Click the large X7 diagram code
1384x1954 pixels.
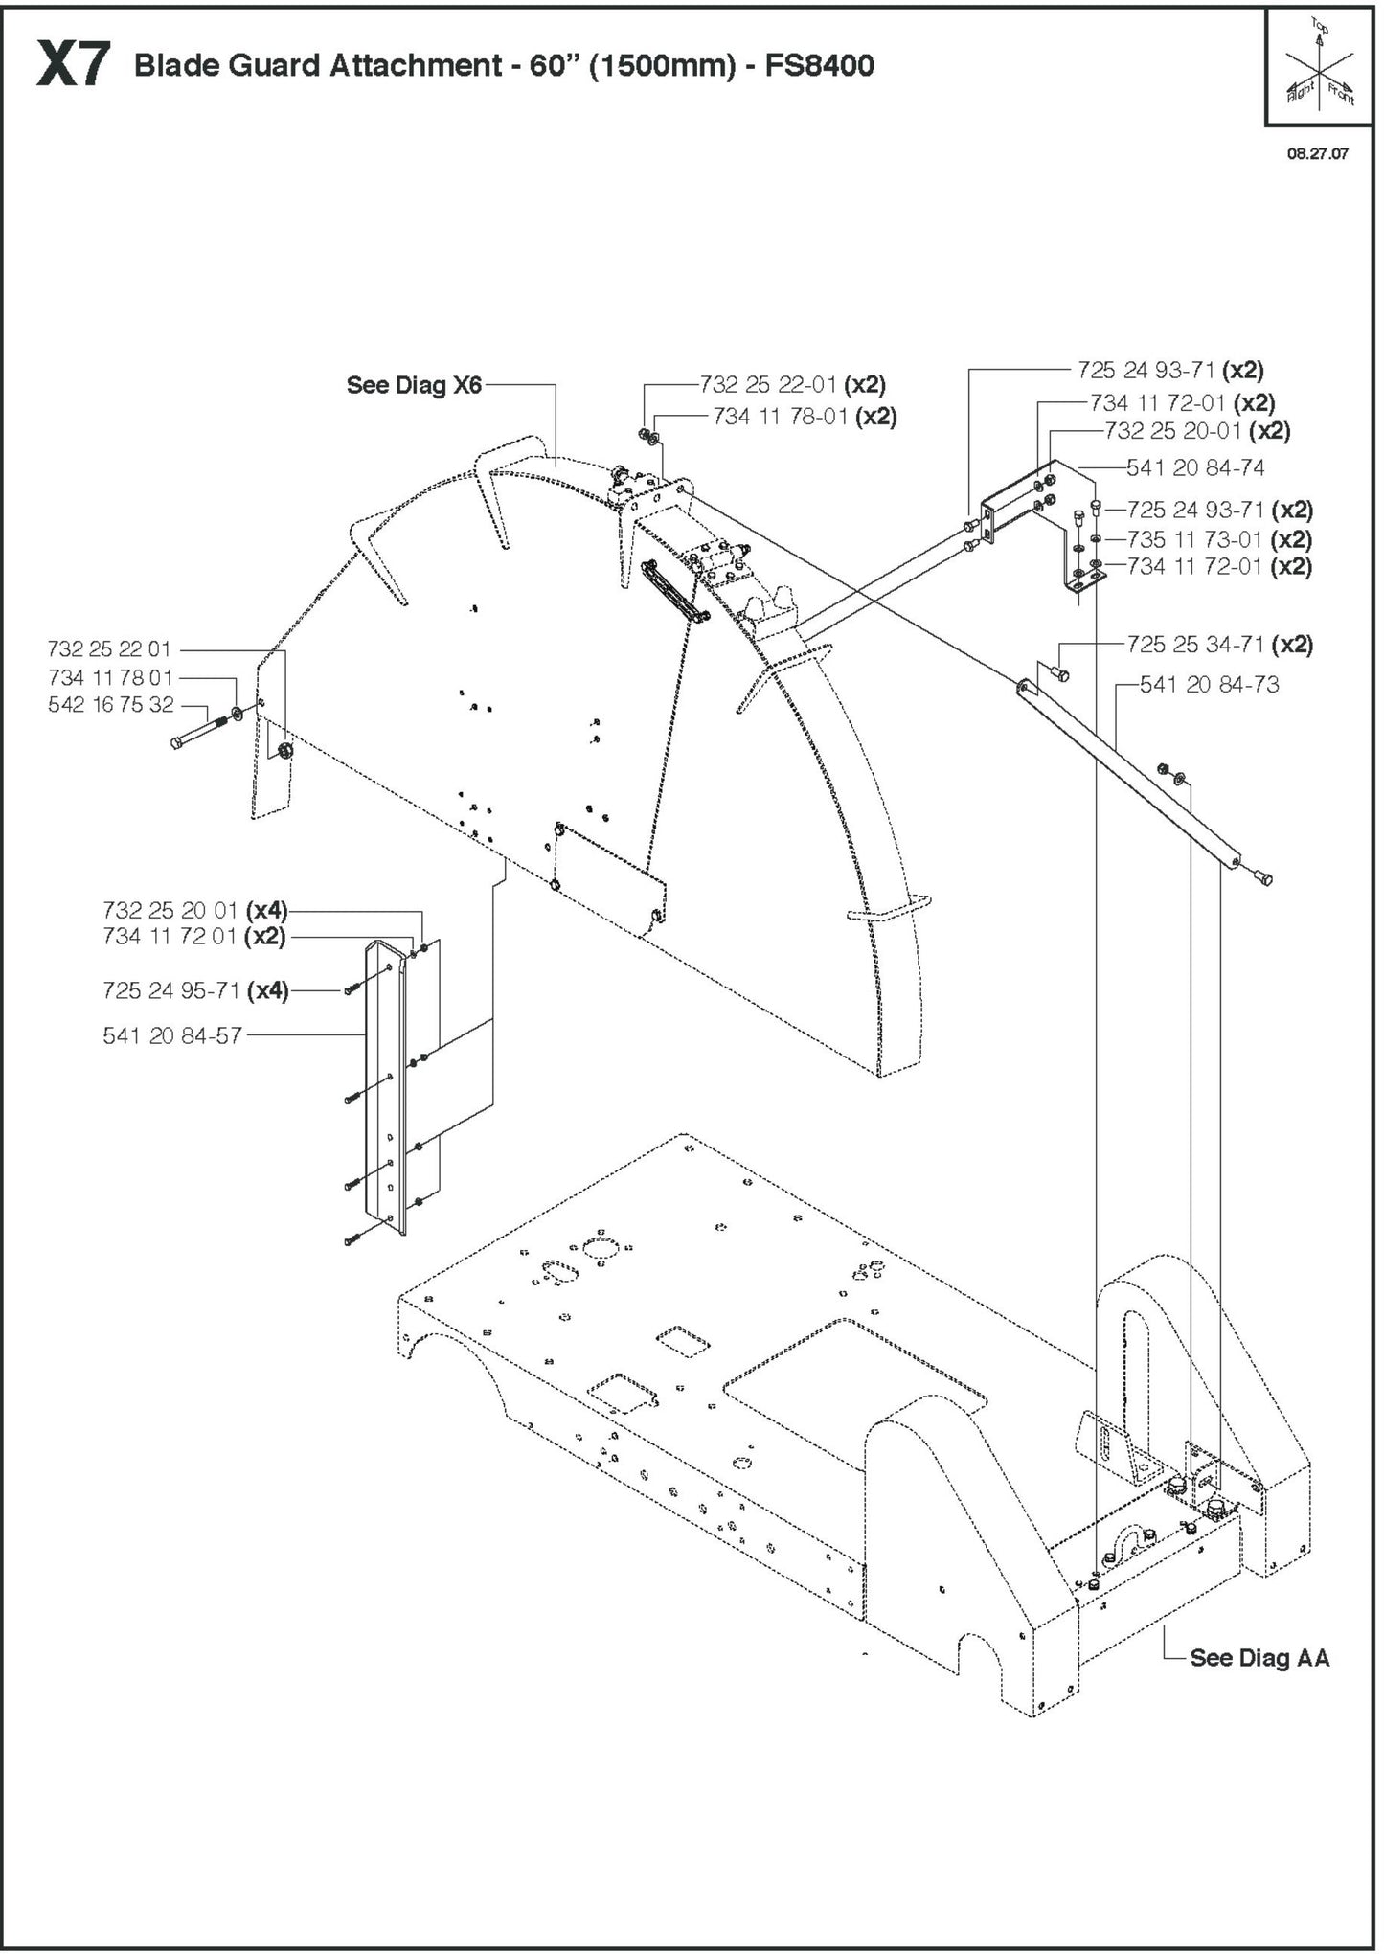[x=73, y=66]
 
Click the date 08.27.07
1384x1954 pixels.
[x=1317, y=153]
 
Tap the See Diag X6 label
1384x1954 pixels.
[x=414, y=385]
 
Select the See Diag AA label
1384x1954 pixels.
[x=1259, y=1658]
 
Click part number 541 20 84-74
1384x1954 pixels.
[x=1194, y=467]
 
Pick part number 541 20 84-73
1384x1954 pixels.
[x=1209, y=684]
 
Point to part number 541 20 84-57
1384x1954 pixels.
[x=172, y=1035]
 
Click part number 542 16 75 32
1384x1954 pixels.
[x=111, y=705]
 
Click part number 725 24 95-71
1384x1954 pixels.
[x=170, y=990]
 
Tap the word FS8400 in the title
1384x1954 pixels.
[x=819, y=66]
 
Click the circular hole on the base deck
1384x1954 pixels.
[x=601, y=1247]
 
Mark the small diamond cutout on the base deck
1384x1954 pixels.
[x=682, y=1341]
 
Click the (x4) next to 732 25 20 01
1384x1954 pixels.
[x=266, y=909]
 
